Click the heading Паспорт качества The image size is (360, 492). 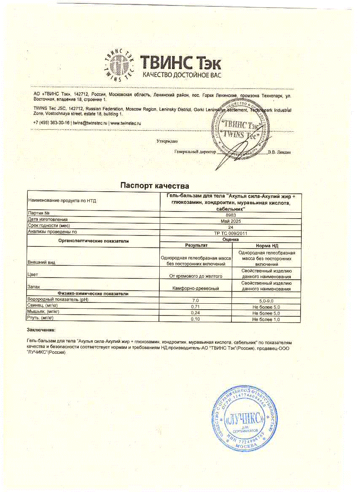point(155,185)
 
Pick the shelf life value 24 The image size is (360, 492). point(231,226)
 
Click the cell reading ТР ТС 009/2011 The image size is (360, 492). point(231,232)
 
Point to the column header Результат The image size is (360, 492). point(196,245)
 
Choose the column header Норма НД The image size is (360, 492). point(266,245)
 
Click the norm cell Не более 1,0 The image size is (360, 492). point(266,320)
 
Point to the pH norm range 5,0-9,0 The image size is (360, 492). point(266,300)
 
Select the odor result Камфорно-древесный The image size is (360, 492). point(196,289)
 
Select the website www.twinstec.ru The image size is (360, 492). point(125,123)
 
